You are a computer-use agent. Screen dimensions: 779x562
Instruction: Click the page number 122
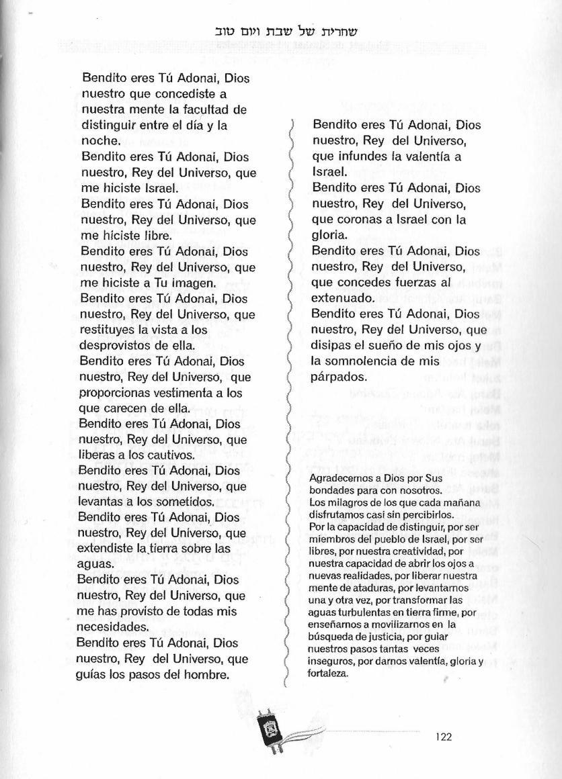tap(444, 736)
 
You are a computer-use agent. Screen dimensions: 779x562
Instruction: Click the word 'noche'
tap(99, 141)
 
